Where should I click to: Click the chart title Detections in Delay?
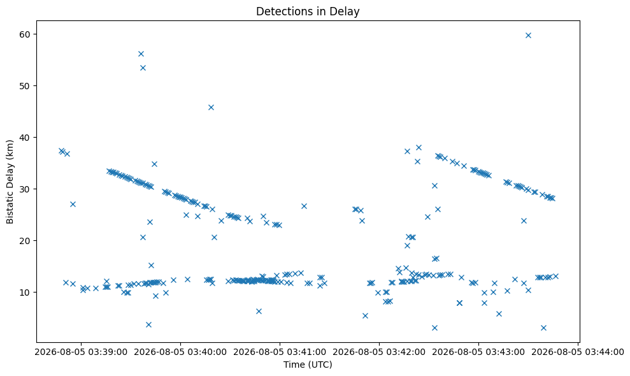click(x=308, y=11)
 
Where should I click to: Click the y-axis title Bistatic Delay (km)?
click(x=10, y=182)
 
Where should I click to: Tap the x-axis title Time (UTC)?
click(x=308, y=365)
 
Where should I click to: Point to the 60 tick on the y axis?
click(x=25, y=34)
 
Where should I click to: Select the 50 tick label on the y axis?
click(x=25, y=85)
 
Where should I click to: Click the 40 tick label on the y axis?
click(x=25, y=138)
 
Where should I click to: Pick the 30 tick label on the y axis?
click(x=25, y=189)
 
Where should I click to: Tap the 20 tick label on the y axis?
click(x=25, y=240)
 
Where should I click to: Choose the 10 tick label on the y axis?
click(x=25, y=292)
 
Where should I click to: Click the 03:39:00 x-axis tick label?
click(x=81, y=352)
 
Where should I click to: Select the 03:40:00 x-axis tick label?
click(x=180, y=352)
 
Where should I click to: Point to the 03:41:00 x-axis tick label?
click(x=280, y=352)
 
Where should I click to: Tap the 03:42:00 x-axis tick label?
click(x=379, y=352)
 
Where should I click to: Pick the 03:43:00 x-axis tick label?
click(x=478, y=352)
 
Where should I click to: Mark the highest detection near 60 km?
click(x=528, y=36)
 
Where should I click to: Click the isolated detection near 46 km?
click(x=211, y=107)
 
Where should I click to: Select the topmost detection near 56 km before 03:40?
click(x=141, y=54)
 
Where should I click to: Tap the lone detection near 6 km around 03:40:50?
click(x=259, y=311)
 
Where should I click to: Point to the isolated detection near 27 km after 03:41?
click(x=304, y=206)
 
